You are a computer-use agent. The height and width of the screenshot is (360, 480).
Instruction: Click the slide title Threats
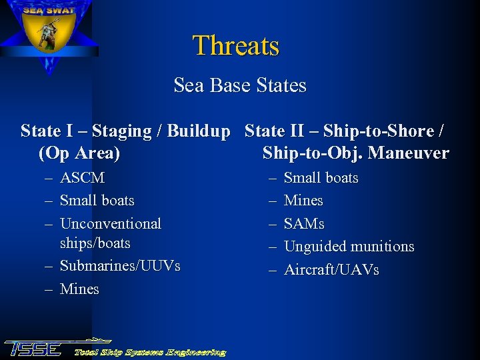[x=236, y=46]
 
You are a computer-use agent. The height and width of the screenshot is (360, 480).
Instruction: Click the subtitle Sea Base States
[x=240, y=86]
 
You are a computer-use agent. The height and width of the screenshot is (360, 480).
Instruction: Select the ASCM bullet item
[x=82, y=178]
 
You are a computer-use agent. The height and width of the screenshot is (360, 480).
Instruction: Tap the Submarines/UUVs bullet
[x=120, y=266]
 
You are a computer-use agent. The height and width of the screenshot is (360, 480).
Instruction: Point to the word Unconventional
[x=111, y=223]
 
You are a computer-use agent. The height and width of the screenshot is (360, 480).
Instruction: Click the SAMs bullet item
[x=304, y=223]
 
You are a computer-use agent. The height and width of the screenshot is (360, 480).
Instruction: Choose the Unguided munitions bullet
[x=349, y=247]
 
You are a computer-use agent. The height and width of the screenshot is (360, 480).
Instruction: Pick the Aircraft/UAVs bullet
[x=331, y=270]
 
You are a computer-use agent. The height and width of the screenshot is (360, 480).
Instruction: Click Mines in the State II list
[x=303, y=201]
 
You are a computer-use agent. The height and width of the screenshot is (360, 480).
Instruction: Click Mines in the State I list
[x=79, y=289]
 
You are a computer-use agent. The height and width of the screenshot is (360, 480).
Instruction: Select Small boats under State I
[x=97, y=201]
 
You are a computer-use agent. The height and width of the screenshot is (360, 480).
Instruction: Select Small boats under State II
[x=321, y=178]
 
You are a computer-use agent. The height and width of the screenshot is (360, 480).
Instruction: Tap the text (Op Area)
[x=79, y=153]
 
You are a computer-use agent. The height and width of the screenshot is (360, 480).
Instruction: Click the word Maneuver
[x=408, y=153]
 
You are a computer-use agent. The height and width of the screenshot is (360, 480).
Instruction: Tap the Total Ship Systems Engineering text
[x=149, y=352]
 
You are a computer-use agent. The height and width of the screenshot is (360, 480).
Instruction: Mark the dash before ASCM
[x=49, y=179]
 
